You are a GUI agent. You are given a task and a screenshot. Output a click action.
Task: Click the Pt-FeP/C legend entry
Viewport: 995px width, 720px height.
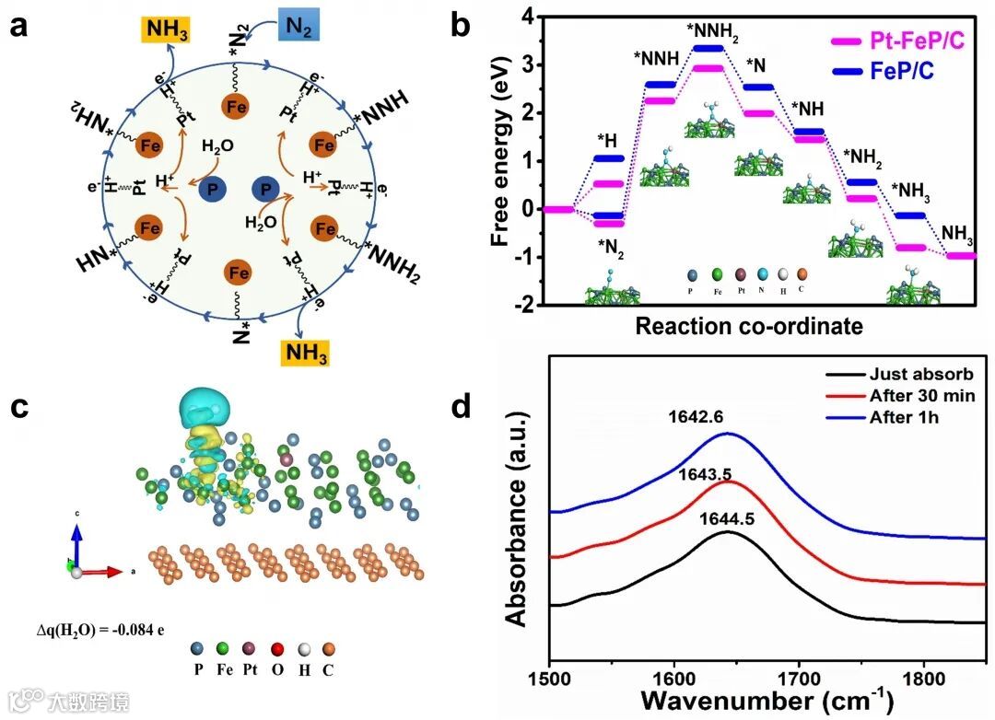click(x=884, y=41)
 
